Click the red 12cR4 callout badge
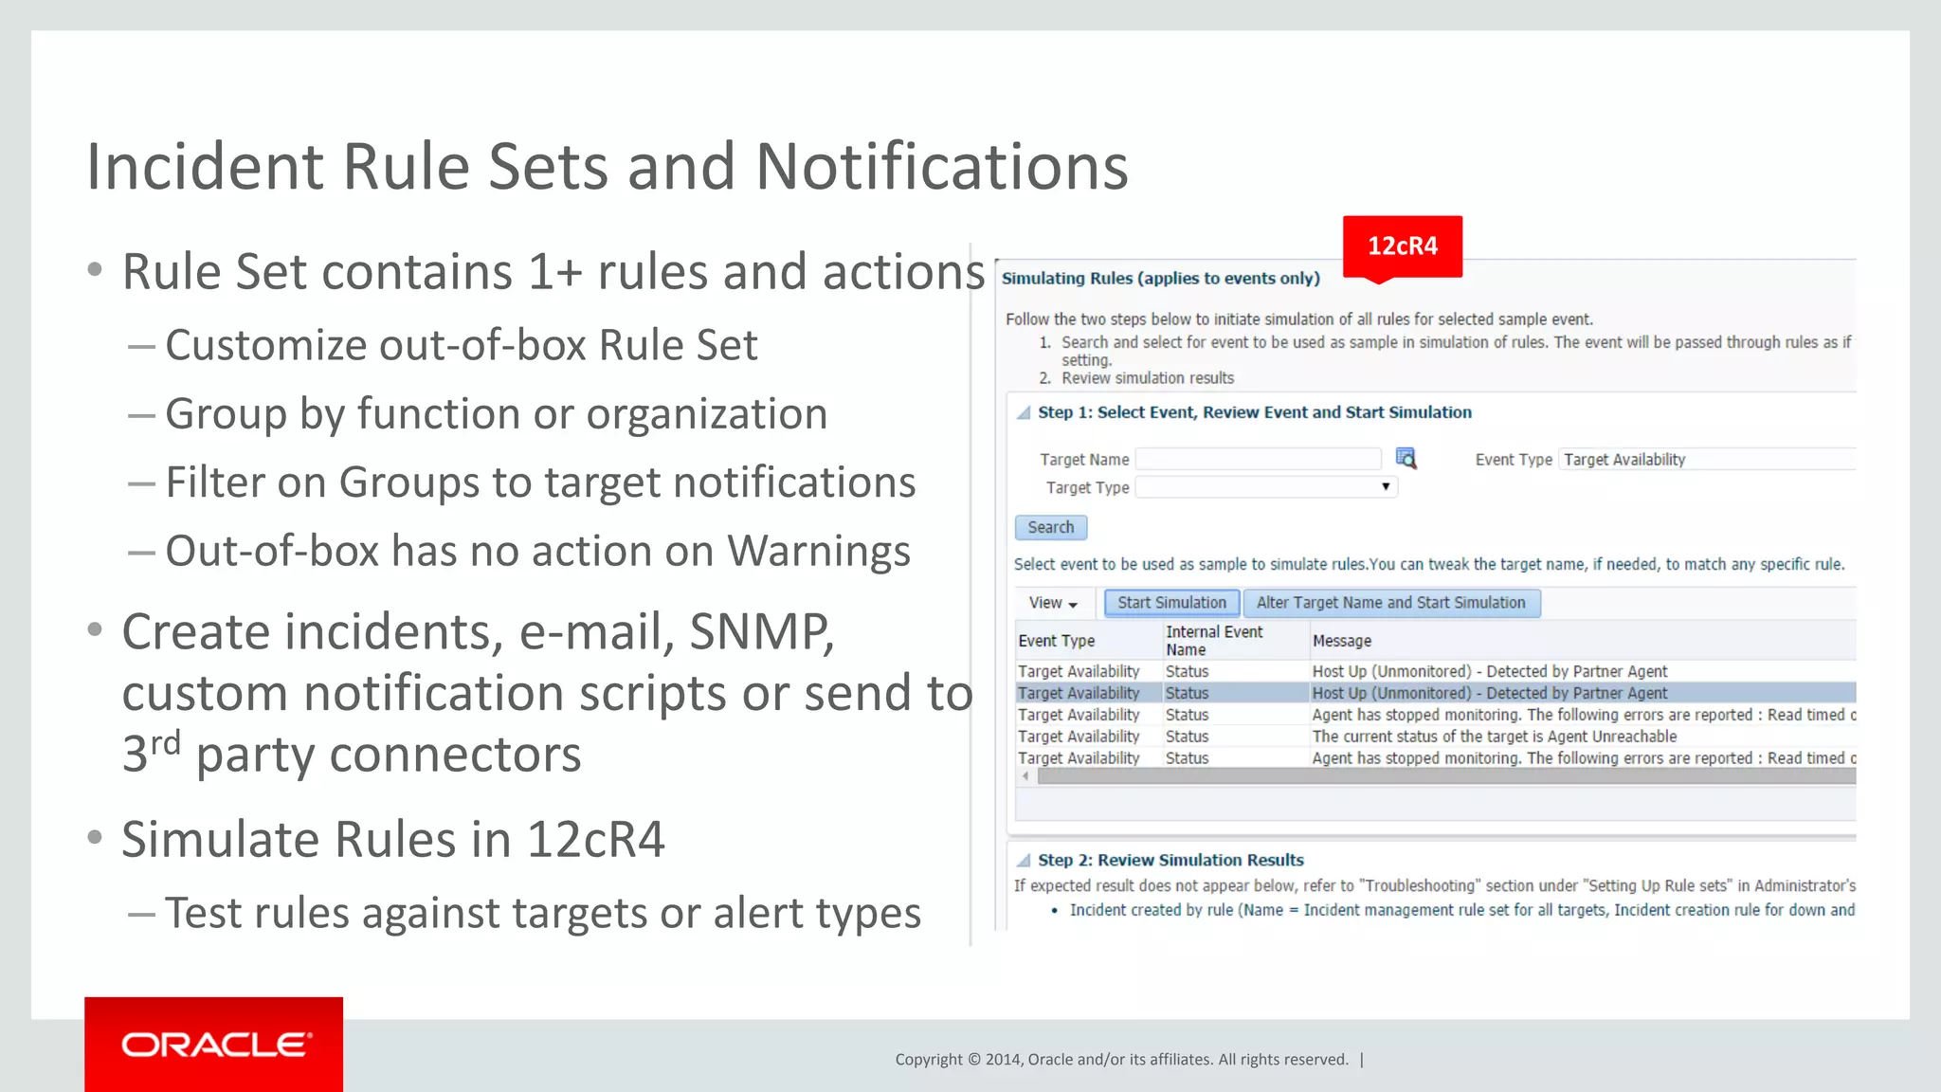click(x=1402, y=246)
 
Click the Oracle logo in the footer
click(x=214, y=1045)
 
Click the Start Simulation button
click(x=1171, y=603)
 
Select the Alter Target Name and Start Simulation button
click(x=1390, y=603)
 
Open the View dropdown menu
click(x=1053, y=603)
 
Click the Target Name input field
click(x=1258, y=460)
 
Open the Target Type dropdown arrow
click(x=1386, y=487)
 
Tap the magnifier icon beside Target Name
click(x=1406, y=459)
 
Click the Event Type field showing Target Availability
click(x=1706, y=460)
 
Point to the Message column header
click(x=1342, y=641)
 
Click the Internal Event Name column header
click(x=1213, y=641)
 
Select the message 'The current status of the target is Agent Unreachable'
click(x=1494, y=737)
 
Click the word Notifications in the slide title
click(x=941, y=167)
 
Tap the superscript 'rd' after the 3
click(x=166, y=742)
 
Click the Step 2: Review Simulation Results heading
click(x=1170, y=860)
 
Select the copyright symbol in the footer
click(x=973, y=1060)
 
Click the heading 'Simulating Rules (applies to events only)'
click(x=1160, y=279)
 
